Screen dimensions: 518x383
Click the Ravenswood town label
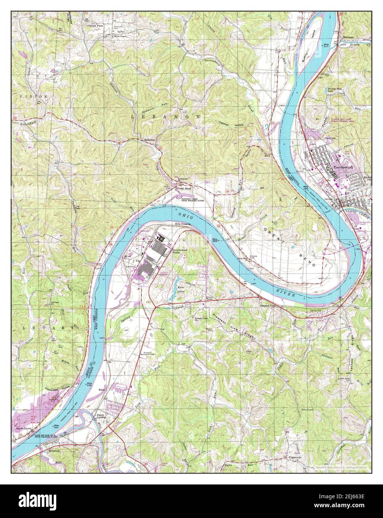tap(342, 168)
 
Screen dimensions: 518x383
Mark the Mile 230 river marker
tap(89, 384)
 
